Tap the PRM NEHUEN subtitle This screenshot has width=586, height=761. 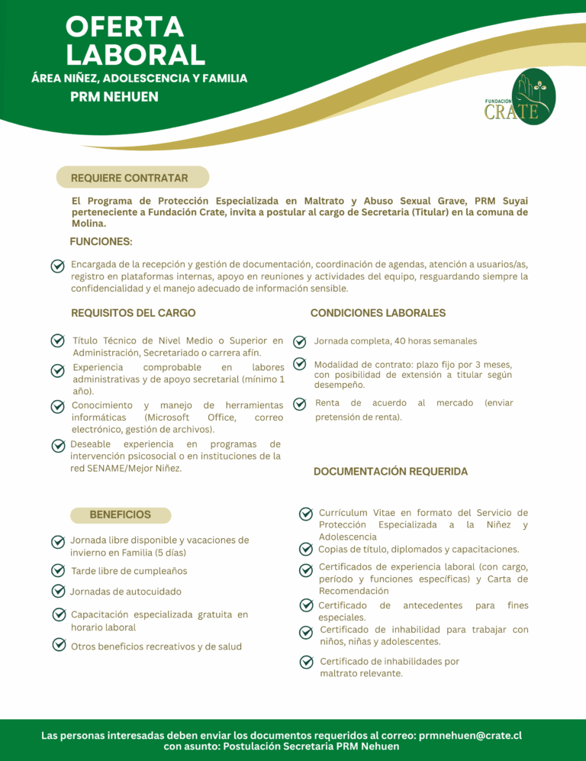[x=114, y=97]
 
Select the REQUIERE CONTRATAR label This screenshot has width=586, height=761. [x=130, y=178]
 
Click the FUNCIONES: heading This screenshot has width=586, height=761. [x=101, y=242]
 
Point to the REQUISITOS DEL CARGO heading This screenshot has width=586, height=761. [x=134, y=313]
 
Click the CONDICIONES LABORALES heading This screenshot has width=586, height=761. [x=378, y=313]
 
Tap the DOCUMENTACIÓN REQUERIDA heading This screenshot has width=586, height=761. [x=391, y=472]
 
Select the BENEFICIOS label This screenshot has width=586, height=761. [x=121, y=514]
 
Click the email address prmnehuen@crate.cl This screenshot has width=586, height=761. [x=470, y=736]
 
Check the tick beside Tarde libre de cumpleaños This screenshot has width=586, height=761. [x=57, y=570]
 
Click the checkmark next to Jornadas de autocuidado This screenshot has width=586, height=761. [x=58, y=591]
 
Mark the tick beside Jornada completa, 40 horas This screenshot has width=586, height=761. [x=300, y=341]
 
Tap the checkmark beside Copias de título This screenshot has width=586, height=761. [x=305, y=549]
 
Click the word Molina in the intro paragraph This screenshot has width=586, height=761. [x=89, y=224]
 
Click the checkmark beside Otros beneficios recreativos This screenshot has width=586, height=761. [x=58, y=645]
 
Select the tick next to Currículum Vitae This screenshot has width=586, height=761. [x=305, y=514]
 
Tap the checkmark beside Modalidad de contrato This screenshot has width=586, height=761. [x=300, y=366]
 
